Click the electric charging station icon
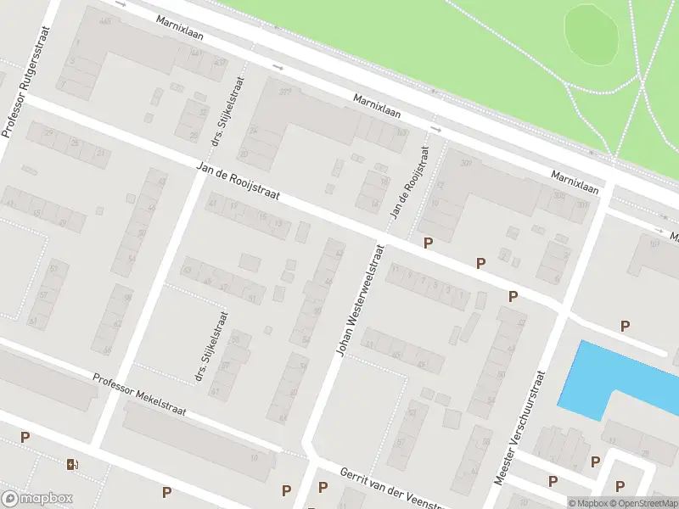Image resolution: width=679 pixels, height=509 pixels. [72, 463]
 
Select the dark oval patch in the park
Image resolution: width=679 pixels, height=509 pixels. [592, 34]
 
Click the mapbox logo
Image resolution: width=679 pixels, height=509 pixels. [37, 499]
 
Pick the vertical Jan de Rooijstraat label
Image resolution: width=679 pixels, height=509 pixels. [408, 182]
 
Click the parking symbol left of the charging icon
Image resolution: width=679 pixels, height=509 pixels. [25, 438]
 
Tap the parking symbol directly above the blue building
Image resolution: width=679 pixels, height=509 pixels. [626, 326]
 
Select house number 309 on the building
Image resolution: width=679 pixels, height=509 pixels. [465, 164]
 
